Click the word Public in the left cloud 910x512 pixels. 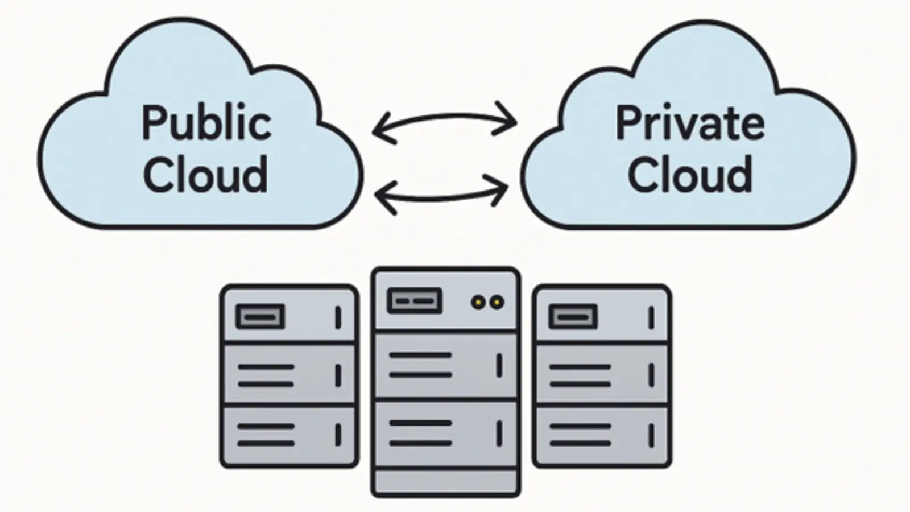pyautogui.click(x=206, y=124)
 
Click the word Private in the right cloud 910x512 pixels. pyautogui.click(x=689, y=123)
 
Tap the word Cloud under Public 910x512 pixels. pyautogui.click(x=205, y=174)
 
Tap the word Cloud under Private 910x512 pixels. pyautogui.click(x=689, y=174)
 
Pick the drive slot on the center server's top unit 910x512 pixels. pyautogui.click(x=414, y=301)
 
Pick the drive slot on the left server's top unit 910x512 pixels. pyautogui.click(x=260, y=316)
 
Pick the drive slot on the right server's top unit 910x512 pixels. pyautogui.click(x=573, y=316)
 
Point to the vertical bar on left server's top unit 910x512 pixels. pyautogui.click(x=338, y=317)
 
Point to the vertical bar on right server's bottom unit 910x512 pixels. pyautogui.click(x=651, y=435)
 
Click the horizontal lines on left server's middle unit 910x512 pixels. pyautogui.click(x=266, y=375)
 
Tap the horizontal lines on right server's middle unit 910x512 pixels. pyautogui.click(x=580, y=375)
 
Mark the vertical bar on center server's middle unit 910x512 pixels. pyautogui.click(x=499, y=365)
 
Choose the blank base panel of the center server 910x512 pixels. pyautogui.click(x=445, y=482)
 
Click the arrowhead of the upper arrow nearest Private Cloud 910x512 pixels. pyautogui.click(x=510, y=119)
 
